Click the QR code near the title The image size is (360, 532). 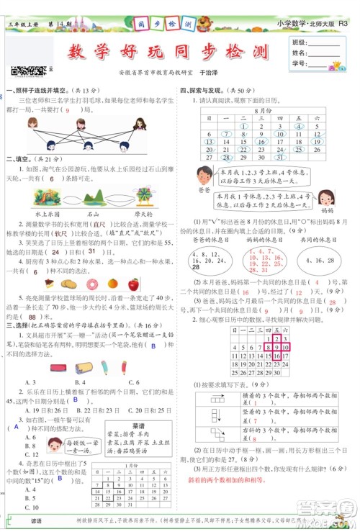18,70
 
